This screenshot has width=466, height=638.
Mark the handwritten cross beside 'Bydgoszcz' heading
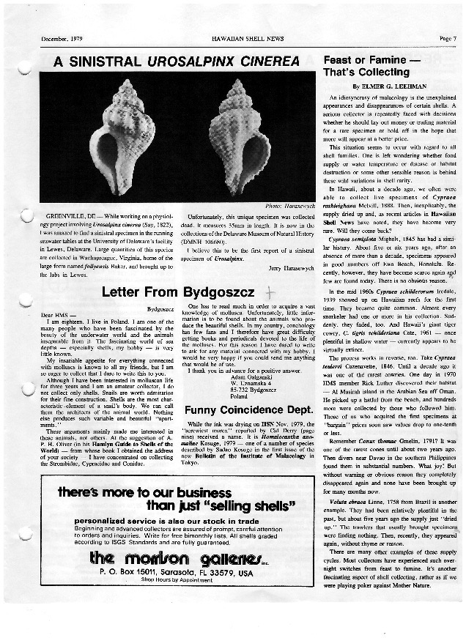coord(270,291)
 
